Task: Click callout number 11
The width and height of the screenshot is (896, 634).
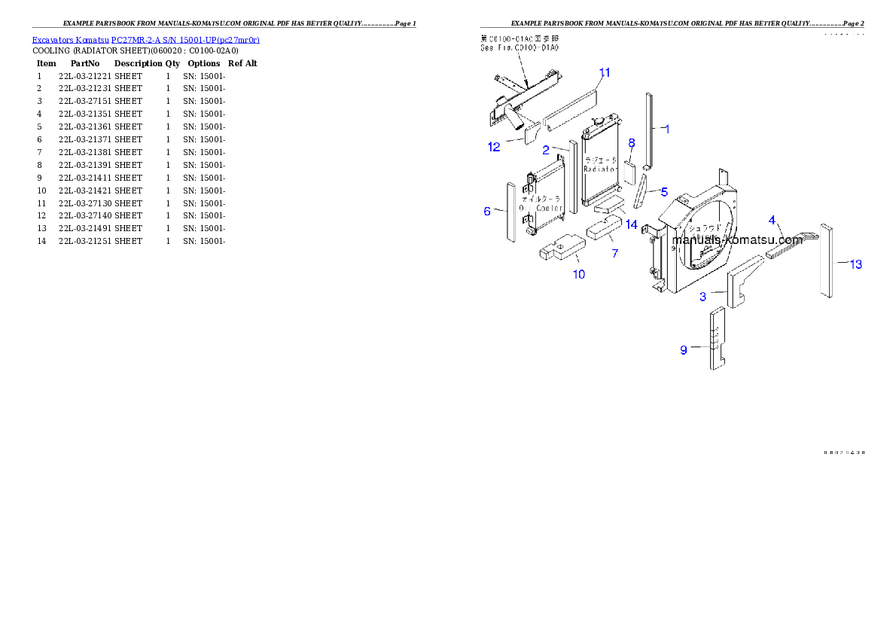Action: pyautogui.click(x=604, y=72)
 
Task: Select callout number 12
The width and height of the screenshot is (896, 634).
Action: pyautogui.click(x=493, y=147)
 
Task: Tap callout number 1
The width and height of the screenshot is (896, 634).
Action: pyautogui.click(x=666, y=129)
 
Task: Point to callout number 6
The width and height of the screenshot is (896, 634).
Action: pyautogui.click(x=487, y=212)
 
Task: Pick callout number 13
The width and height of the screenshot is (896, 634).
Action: pyautogui.click(x=855, y=264)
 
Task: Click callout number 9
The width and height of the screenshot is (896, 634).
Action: pyautogui.click(x=684, y=349)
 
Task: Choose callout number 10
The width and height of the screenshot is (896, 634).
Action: pyautogui.click(x=578, y=274)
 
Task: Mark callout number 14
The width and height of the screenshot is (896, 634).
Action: pyautogui.click(x=631, y=224)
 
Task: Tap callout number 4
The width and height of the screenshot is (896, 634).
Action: pyautogui.click(x=772, y=219)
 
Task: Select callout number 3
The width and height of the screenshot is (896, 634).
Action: pyautogui.click(x=702, y=297)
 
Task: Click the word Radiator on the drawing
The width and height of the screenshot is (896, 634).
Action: pyautogui.click(x=600, y=169)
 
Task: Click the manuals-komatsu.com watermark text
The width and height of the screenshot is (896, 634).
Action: pyautogui.click(x=737, y=240)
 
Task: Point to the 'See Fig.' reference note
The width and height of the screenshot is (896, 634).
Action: pyautogui.click(x=520, y=47)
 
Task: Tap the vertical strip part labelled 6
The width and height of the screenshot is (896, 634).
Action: pyautogui.click(x=510, y=212)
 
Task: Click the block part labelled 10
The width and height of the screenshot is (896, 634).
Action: pyautogui.click(x=560, y=247)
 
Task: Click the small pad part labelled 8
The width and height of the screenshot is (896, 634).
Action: pyautogui.click(x=630, y=171)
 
